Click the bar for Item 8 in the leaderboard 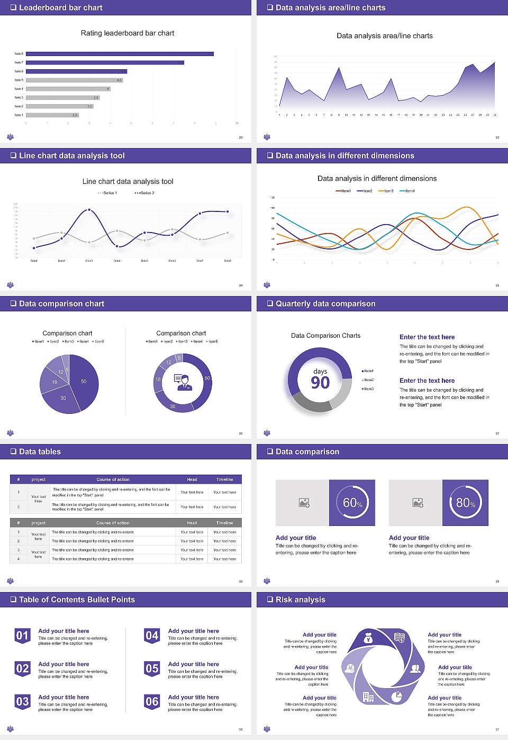tap(120, 54)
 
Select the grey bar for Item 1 tap(52, 115)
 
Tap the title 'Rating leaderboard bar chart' tap(128, 33)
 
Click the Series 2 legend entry tap(144, 193)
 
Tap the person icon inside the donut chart tap(183, 382)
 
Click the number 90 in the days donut tap(320, 383)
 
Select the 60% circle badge tap(352, 503)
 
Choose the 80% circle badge tap(466, 503)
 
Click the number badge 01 tap(22, 636)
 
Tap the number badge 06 tap(152, 702)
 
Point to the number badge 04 tap(152, 636)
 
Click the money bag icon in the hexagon tap(369, 639)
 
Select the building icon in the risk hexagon tap(368, 697)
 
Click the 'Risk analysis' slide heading tap(300, 599)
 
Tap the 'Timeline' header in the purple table tap(224, 479)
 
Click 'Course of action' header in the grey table tap(113, 523)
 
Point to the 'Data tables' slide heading tap(40, 451)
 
